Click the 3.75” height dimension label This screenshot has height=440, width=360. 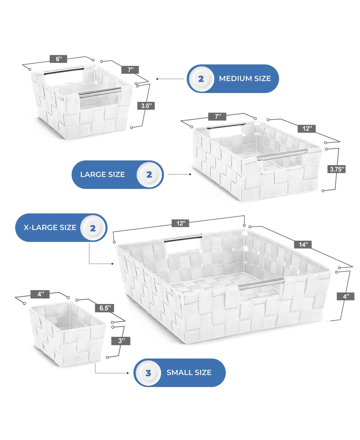pyautogui.click(x=336, y=169)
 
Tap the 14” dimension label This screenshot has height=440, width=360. pyautogui.click(x=303, y=244)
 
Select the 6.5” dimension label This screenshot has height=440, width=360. pyautogui.click(x=104, y=308)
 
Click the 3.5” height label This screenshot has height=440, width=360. pyautogui.click(x=146, y=106)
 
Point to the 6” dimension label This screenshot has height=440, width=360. pyautogui.click(x=58, y=59)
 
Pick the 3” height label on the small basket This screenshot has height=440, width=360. pyautogui.click(x=121, y=341)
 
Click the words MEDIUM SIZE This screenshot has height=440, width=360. pyautogui.click(x=245, y=78)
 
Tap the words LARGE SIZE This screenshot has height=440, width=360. pyautogui.click(x=102, y=174)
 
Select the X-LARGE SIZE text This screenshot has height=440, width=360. pyautogui.click(x=50, y=228)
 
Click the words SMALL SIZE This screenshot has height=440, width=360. pyautogui.click(x=189, y=372)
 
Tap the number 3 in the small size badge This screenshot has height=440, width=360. pyautogui.click(x=148, y=373)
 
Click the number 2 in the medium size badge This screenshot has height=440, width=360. pyautogui.click(x=201, y=79)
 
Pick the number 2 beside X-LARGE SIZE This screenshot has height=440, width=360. pyautogui.click(x=93, y=228)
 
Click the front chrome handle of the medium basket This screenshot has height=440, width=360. pyautogui.click(x=100, y=92)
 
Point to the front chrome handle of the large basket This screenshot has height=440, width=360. pyautogui.click(x=282, y=154)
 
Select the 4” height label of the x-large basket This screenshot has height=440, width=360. pyautogui.click(x=345, y=296)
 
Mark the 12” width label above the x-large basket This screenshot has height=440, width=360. pyautogui.click(x=180, y=223)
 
